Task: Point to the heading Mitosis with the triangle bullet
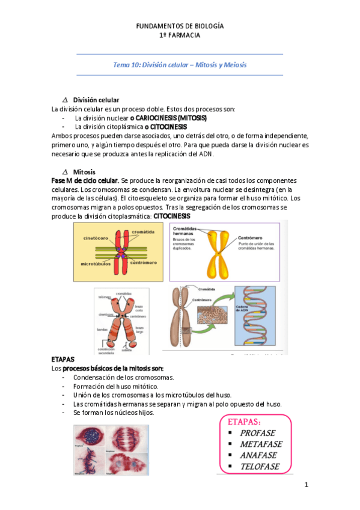point(84,172)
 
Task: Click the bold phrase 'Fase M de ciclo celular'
point(85,181)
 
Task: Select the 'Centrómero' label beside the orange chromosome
point(252,237)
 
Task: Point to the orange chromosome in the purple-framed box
point(218,253)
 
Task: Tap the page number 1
point(306,484)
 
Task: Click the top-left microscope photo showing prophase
point(88,440)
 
